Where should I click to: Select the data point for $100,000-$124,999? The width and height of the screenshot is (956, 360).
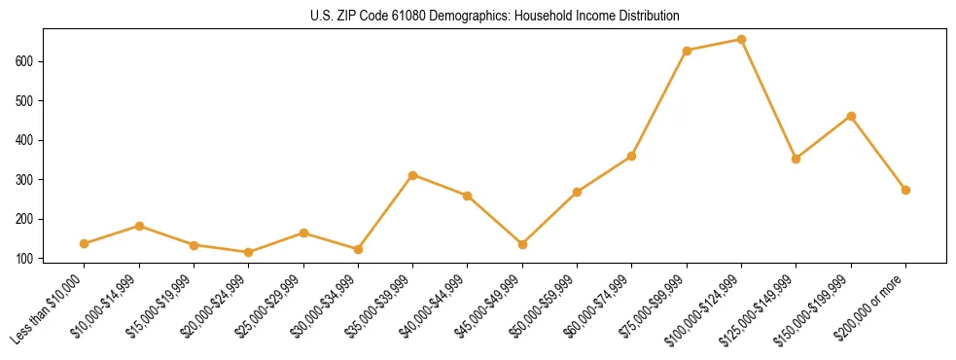coord(741,40)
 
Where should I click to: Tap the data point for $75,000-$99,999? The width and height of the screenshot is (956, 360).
coord(687,51)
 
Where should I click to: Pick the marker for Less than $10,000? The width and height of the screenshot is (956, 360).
coord(85,243)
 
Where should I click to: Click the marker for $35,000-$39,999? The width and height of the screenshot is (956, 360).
coord(413,175)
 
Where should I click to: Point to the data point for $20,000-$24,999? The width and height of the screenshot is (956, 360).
coord(249,252)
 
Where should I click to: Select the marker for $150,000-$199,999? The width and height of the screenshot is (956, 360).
coord(851,116)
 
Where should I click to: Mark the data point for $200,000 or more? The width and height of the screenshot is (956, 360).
coord(905,190)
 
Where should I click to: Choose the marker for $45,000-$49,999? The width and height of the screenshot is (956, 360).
coord(522,244)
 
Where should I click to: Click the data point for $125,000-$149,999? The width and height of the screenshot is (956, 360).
coord(797,159)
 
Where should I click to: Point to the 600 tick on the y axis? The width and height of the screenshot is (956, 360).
coord(31,61)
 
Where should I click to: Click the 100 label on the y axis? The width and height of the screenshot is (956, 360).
coord(31,259)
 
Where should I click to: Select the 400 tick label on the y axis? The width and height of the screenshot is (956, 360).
coord(31,140)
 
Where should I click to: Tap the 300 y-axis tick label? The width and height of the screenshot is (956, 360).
coord(31,180)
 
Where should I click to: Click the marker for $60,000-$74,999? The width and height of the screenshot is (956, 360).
coord(632,156)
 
